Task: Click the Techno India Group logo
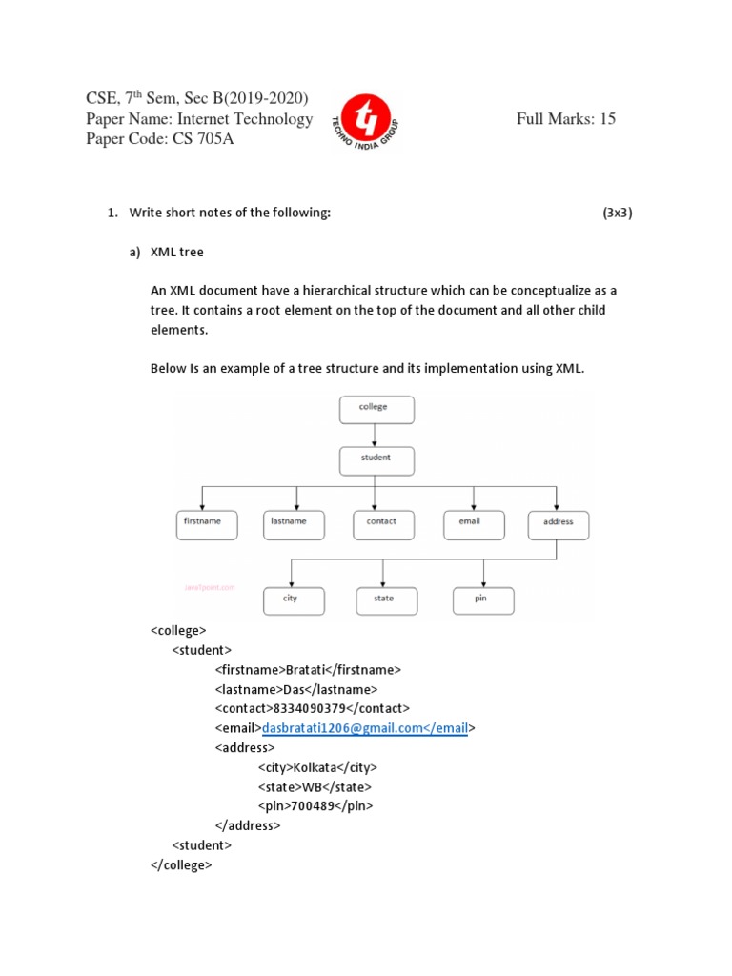362,120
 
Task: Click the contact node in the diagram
381,523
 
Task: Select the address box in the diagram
558,524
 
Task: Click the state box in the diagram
383,600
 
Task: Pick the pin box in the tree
483,600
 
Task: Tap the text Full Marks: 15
566,119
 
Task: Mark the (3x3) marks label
617,213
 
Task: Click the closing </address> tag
248,825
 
